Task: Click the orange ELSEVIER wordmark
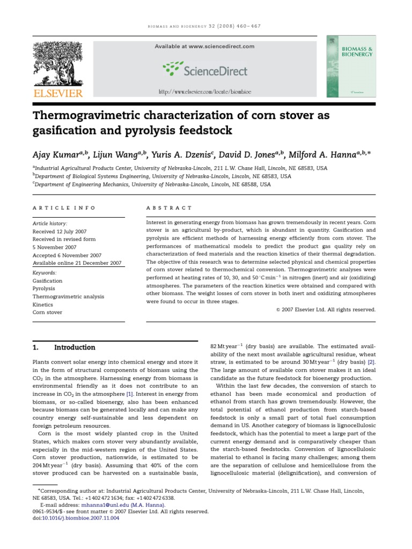coord(58,93)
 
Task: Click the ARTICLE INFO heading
coord(64,207)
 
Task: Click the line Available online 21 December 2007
coord(77,263)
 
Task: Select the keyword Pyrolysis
coord(43,288)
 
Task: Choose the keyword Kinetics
coord(43,304)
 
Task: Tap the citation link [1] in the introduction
coord(129,394)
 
